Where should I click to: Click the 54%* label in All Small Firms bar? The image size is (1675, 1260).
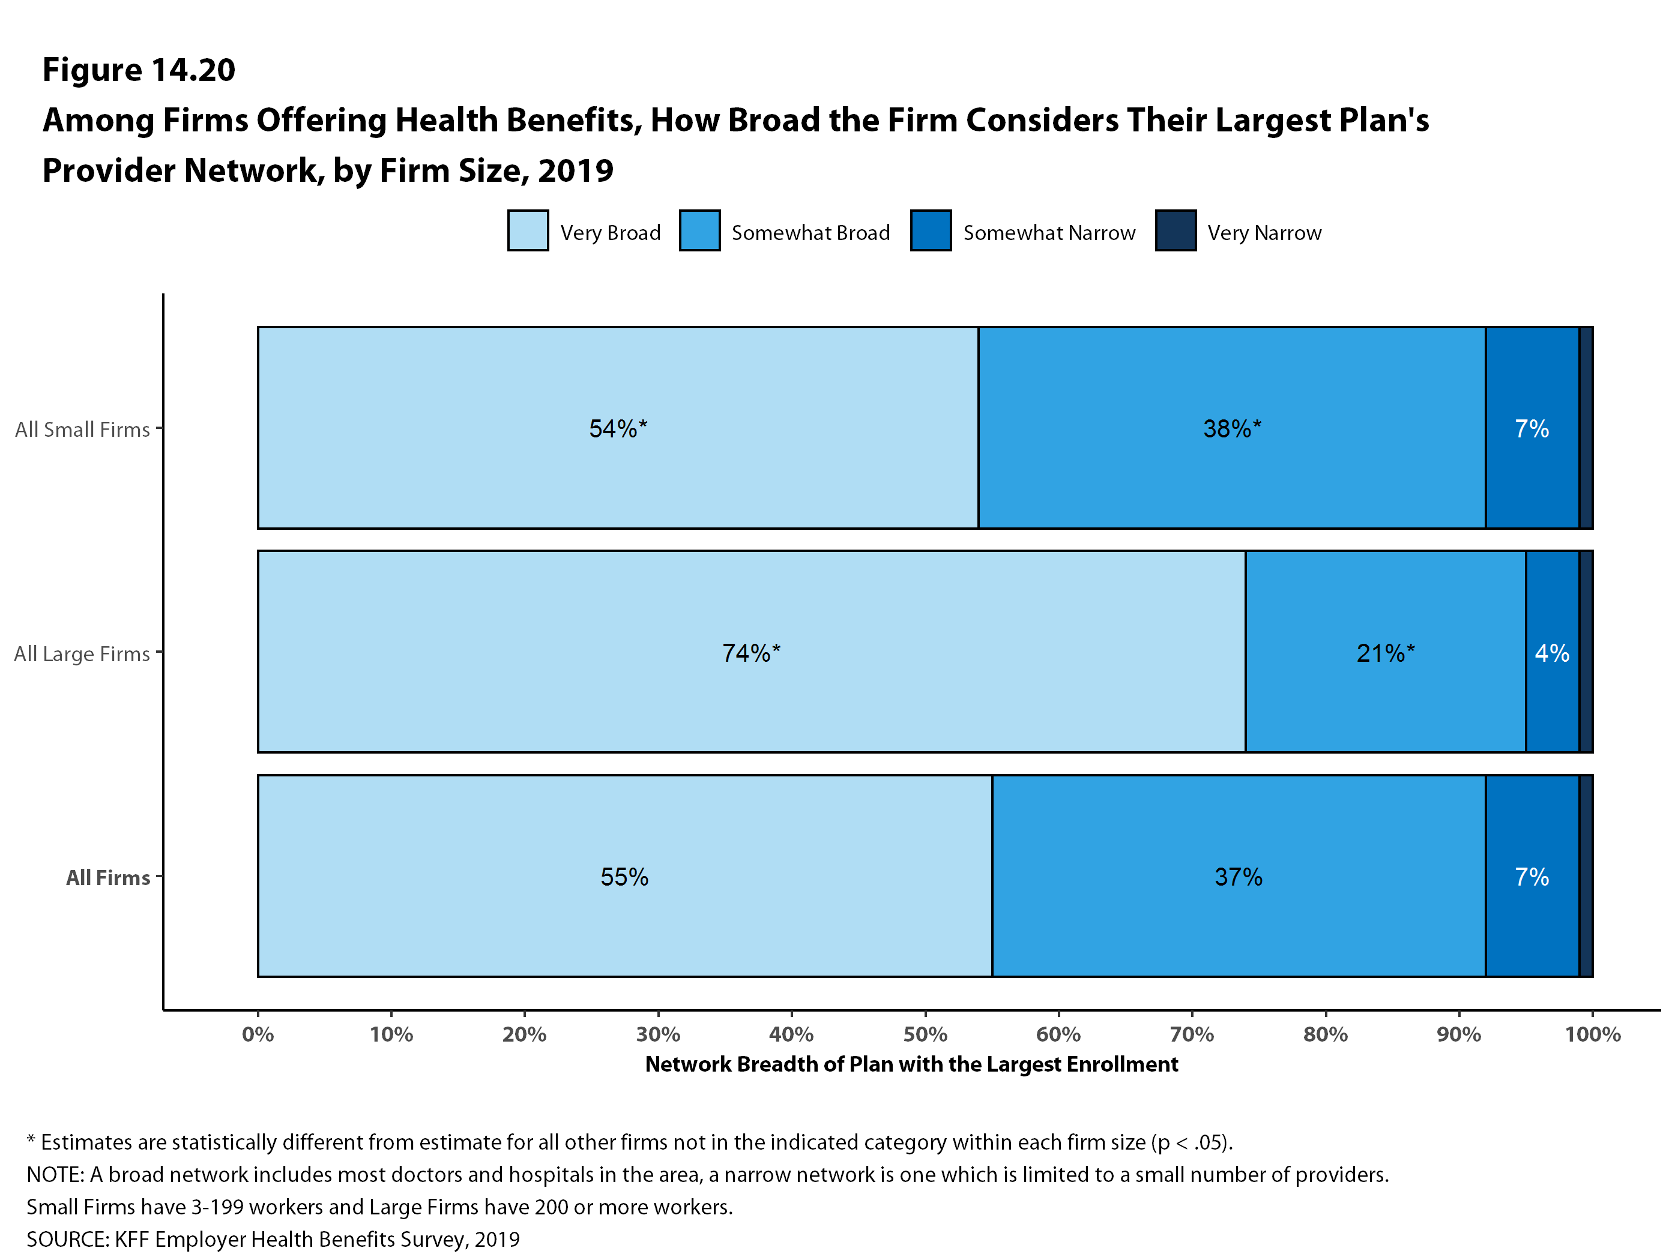tap(618, 428)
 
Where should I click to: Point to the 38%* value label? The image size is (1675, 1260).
tap(1232, 428)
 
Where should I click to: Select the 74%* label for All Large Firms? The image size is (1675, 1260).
tap(750, 652)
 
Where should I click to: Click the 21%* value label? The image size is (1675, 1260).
tap(1385, 652)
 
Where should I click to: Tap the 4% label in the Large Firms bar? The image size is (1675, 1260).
tap(1551, 652)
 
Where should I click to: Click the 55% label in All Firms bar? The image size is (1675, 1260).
tap(624, 877)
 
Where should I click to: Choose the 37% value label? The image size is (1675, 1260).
tap(1238, 877)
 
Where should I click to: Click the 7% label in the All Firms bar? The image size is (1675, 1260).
tap(1531, 877)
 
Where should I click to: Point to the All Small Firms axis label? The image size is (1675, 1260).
tap(82, 429)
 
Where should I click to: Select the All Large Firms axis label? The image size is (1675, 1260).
tap(82, 653)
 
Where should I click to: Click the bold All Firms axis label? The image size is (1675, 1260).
tap(107, 877)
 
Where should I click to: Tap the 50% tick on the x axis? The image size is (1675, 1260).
tap(925, 1034)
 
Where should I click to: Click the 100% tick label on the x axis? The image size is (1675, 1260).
tap(1593, 1034)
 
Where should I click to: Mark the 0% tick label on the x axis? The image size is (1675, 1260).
tap(258, 1034)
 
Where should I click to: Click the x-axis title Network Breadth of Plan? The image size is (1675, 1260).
tap(911, 1064)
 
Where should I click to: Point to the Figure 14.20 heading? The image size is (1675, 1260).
tap(139, 70)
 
